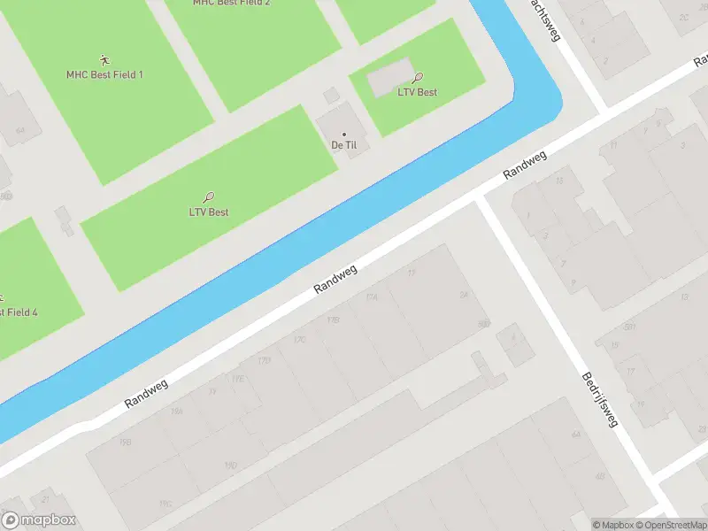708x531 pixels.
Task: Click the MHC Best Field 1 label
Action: pyautogui.click(x=104, y=74)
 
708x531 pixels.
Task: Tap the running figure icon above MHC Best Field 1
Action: pyautogui.click(x=104, y=60)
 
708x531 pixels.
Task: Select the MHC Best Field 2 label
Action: pyautogui.click(x=231, y=3)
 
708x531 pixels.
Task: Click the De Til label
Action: pyautogui.click(x=343, y=145)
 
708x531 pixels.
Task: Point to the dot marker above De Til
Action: pyautogui.click(x=344, y=135)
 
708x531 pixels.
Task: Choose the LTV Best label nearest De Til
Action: pyautogui.click(x=417, y=92)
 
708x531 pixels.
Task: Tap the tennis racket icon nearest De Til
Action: pyautogui.click(x=418, y=78)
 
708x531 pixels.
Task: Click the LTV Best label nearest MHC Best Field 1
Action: pyautogui.click(x=209, y=212)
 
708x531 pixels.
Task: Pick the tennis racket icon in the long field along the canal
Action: pyautogui.click(x=209, y=198)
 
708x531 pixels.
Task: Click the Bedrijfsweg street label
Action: pyautogui.click(x=598, y=399)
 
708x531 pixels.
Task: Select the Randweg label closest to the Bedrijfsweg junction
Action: pyautogui.click(x=525, y=165)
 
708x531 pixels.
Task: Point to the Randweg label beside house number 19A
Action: pyautogui.click(x=145, y=389)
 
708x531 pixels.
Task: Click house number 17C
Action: pyautogui.click(x=300, y=339)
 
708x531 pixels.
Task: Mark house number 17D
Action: pyautogui.click(x=264, y=360)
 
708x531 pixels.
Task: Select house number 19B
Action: pyautogui.click(x=126, y=442)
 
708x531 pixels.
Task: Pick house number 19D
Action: pyautogui.click(x=231, y=465)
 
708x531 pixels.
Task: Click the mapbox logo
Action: pyautogui.click(x=39, y=520)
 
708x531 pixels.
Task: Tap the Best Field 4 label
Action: pyautogui.click(x=18, y=312)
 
